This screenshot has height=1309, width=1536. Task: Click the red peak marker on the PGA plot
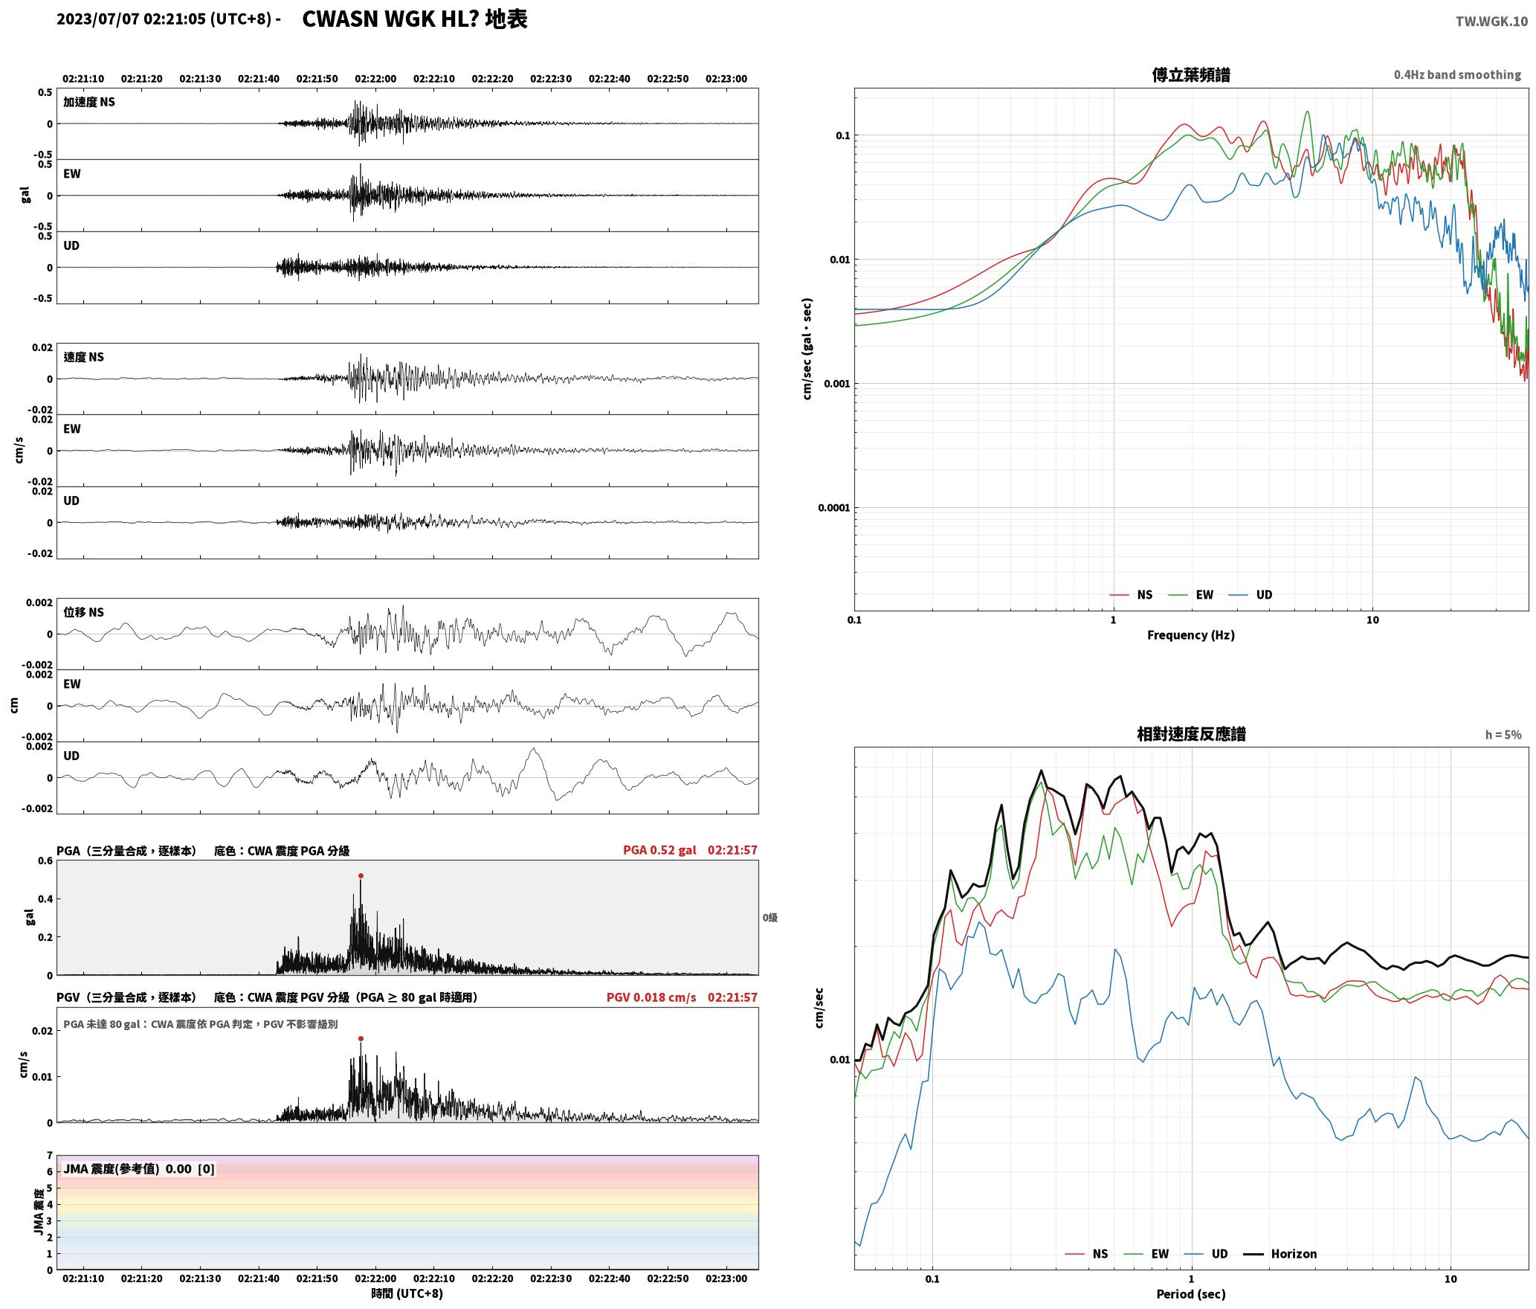click(361, 876)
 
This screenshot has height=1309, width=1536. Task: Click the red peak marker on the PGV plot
click(361, 1039)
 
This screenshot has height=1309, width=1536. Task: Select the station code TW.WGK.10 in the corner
click(1491, 22)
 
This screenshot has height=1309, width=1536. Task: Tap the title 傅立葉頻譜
click(1190, 75)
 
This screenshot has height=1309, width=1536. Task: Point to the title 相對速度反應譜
click(1191, 734)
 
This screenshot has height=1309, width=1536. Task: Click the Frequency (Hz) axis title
click(1190, 635)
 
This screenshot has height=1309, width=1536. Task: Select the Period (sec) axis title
click(1190, 1294)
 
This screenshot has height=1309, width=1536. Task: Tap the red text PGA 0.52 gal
click(659, 850)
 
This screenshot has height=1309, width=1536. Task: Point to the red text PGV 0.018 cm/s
click(651, 997)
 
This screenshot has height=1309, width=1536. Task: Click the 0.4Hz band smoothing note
click(1457, 75)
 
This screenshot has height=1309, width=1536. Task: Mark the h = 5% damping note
click(1503, 735)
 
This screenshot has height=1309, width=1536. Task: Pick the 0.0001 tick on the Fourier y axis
click(833, 508)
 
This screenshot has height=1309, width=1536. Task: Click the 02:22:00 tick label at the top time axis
click(375, 79)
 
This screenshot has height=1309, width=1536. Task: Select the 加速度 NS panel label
click(89, 102)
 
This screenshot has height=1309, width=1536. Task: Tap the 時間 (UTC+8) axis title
click(407, 1293)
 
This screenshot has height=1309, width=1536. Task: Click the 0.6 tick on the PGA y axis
click(45, 861)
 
